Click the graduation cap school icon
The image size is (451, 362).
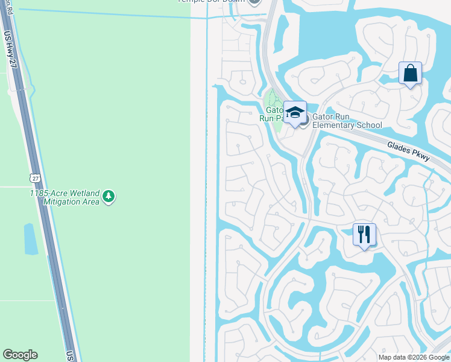click(295, 112)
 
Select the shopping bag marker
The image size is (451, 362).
click(410, 73)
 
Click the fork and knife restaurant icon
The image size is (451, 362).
click(364, 233)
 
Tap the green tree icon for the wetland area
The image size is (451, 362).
click(109, 196)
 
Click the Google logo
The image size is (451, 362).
click(20, 355)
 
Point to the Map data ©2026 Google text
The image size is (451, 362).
click(414, 357)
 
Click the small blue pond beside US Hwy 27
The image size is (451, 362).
click(30, 238)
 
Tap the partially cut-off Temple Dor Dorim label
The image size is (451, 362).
click(211, 2)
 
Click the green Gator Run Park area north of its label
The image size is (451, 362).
click(273, 98)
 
